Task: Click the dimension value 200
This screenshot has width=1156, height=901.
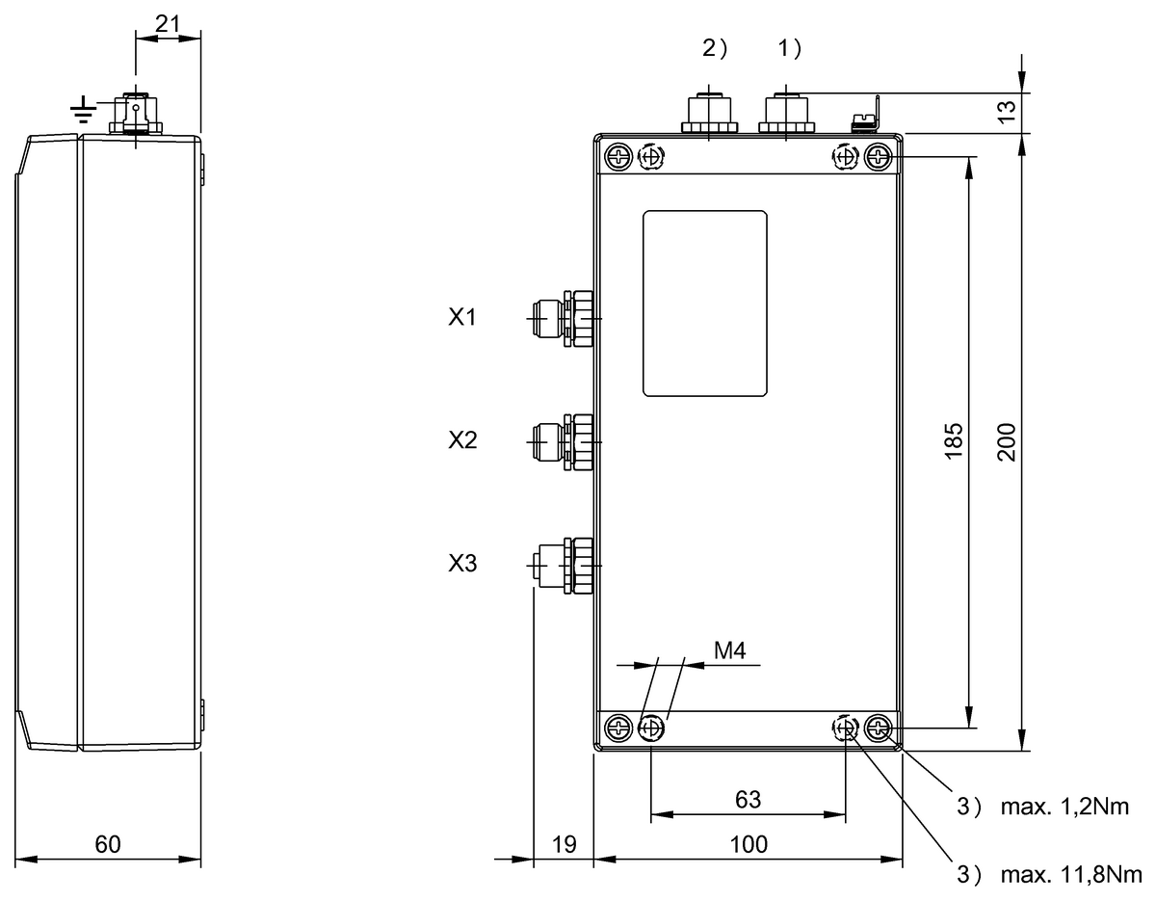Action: click(1007, 440)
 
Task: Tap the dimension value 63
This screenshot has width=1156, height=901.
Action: click(749, 799)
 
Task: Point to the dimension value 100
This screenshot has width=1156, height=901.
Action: click(749, 844)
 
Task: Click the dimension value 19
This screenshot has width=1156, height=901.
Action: click(565, 844)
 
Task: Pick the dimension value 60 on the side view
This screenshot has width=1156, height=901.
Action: click(108, 844)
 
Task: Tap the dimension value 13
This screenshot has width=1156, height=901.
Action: click(1007, 112)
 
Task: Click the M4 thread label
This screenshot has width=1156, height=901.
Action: click(729, 651)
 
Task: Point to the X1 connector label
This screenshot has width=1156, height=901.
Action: click(462, 317)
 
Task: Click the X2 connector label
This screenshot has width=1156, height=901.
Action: click(462, 440)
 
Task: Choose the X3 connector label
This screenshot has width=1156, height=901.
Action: click(462, 564)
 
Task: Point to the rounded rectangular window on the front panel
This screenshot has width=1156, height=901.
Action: click(705, 304)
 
